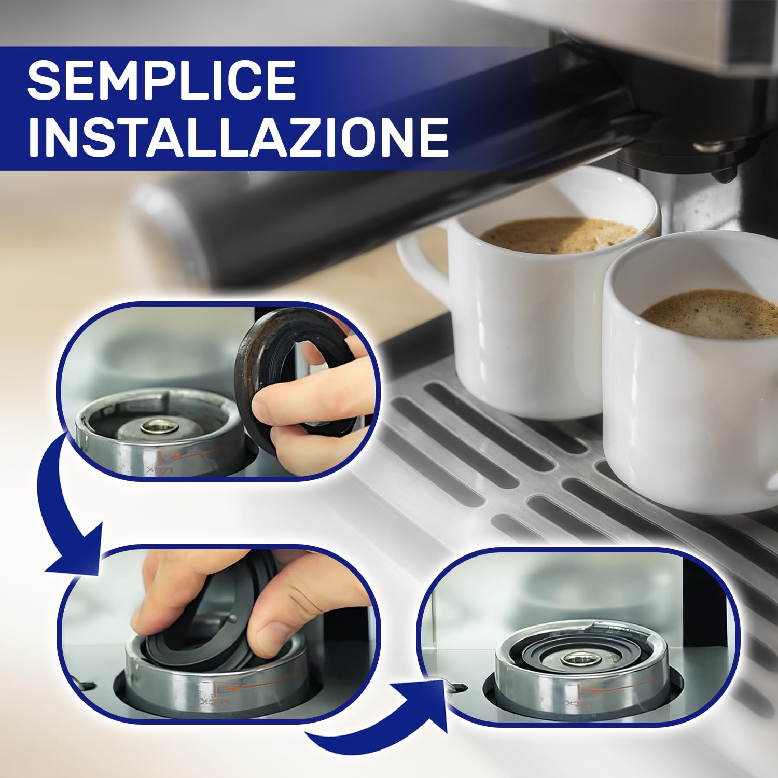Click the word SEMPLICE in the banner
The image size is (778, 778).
coord(161,80)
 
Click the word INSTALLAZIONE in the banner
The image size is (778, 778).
coord(238,136)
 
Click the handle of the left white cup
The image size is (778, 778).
coord(420,265)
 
